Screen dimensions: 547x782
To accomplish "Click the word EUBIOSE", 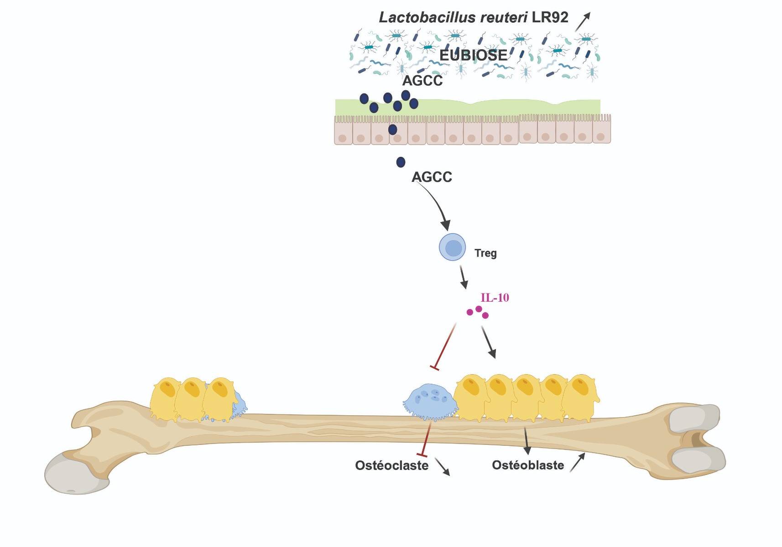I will [473, 56].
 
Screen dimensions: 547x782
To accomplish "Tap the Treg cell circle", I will [452, 247].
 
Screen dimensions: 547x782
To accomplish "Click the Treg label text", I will [485, 253].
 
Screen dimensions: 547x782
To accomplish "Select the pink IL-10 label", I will [495, 298].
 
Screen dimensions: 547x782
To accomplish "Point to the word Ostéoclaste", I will [391, 465].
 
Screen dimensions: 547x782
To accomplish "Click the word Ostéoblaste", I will [527, 465].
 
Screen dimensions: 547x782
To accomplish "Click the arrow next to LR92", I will [583, 21].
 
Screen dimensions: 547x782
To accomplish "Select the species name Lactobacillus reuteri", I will [454, 18].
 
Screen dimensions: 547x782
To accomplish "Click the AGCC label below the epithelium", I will [432, 177].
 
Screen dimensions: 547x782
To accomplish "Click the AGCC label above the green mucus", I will [422, 81].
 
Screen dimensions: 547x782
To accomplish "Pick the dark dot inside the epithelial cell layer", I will [392, 130].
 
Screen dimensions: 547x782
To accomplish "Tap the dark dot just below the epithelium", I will [401, 162].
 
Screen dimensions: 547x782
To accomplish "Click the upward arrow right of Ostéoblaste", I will [577, 462].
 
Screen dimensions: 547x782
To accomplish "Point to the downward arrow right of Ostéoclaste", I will [442, 467].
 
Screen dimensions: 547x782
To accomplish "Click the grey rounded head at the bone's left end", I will [71, 474].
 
